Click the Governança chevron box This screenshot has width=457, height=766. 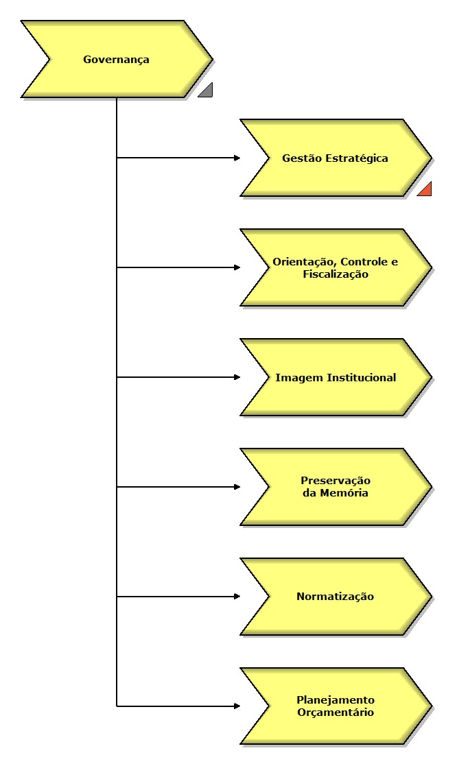(117, 60)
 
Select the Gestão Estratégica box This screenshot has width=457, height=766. (336, 158)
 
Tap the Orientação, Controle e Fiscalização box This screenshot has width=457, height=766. (336, 268)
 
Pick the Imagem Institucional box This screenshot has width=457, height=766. (336, 378)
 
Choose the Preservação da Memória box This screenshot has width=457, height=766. (336, 487)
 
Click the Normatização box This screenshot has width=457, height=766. (336, 597)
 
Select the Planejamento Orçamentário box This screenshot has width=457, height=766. (336, 706)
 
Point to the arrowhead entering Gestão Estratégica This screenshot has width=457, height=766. (237, 158)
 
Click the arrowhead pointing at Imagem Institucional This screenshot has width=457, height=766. (237, 377)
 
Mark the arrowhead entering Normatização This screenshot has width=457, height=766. (237, 597)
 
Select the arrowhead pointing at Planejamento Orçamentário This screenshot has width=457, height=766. (237, 706)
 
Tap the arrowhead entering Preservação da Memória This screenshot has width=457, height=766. (237, 487)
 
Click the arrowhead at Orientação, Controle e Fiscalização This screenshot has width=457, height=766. (237, 267)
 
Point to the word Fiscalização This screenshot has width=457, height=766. (336, 274)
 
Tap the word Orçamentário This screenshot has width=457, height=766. (336, 713)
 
